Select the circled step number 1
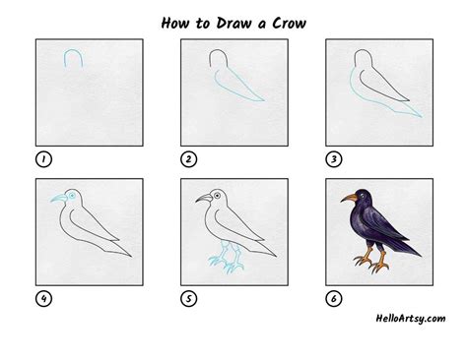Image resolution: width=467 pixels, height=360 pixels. (x=43, y=157)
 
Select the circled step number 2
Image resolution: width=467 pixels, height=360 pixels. (x=187, y=157)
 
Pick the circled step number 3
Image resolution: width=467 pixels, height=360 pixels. (x=332, y=157)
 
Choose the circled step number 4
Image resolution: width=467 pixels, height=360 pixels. (x=43, y=298)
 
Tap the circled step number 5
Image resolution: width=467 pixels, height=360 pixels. (x=187, y=298)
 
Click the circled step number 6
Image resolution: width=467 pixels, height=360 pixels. (x=332, y=298)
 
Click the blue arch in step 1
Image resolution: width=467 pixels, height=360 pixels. (x=73, y=59)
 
